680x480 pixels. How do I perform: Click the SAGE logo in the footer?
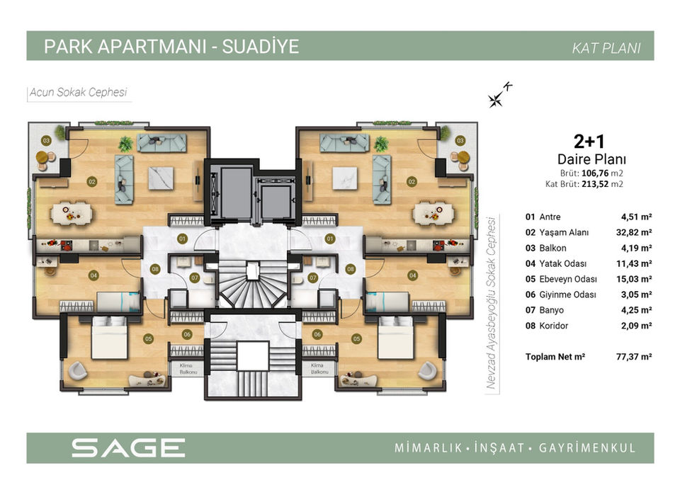point(128,447)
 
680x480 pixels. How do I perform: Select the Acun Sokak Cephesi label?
point(78,92)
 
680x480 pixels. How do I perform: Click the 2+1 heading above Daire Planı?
point(589,142)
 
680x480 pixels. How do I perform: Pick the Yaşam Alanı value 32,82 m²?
point(633,232)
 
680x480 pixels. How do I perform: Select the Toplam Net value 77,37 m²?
point(633,357)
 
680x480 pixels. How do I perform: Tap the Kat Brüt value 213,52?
point(596,184)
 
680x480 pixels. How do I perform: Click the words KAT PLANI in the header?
point(606,48)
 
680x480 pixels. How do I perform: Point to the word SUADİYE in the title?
point(260,47)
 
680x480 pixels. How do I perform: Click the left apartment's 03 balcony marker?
point(46,140)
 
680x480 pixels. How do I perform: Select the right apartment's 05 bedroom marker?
point(356,338)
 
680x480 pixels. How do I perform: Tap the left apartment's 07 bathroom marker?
point(194,278)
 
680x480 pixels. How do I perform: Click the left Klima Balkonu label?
point(188,369)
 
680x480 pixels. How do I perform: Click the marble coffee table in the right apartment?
point(344,178)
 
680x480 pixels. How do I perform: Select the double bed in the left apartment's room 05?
point(109,337)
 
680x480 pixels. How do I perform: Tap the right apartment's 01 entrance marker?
point(330,239)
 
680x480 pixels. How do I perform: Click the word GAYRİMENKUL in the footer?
point(587,448)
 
